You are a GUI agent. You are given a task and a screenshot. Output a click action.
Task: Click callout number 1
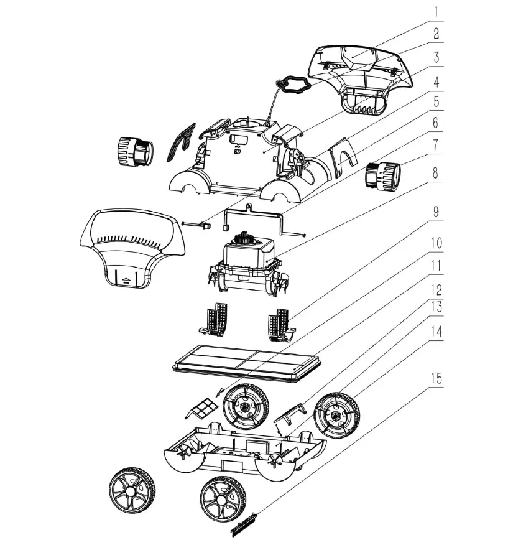(436, 12)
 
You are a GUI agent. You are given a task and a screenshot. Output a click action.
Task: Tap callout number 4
(436, 82)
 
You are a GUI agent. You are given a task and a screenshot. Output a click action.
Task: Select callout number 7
(436, 144)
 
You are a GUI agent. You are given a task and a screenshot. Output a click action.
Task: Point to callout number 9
(436, 212)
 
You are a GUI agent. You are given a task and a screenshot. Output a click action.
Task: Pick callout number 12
(436, 290)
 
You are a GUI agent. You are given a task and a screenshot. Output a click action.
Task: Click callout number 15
(436, 378)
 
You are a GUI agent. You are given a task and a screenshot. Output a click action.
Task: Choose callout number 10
(436, 243)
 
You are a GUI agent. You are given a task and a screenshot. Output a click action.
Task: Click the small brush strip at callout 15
(244, 524)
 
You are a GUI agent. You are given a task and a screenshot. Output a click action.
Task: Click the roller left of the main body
(136, 152)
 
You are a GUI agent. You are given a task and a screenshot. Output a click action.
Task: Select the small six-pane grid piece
(202, 407)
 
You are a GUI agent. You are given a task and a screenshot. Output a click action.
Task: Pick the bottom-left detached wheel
(132, 491)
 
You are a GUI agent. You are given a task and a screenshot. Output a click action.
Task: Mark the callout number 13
(436, 307)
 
